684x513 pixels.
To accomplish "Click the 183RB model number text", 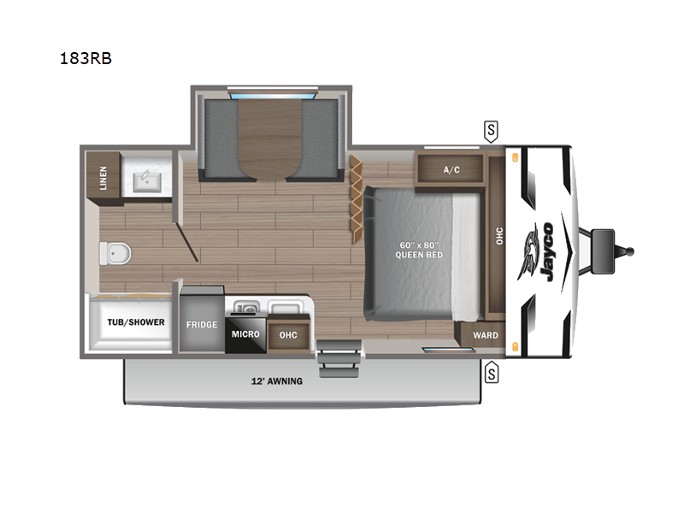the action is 85,58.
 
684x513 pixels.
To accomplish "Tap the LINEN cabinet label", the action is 103,178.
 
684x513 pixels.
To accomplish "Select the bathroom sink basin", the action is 147,181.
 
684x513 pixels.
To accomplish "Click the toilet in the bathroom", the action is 115,253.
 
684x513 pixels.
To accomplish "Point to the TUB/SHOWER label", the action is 136,322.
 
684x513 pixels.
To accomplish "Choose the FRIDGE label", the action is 202,325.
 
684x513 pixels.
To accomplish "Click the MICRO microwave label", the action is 245,334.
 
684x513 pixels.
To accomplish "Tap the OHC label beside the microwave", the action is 288,335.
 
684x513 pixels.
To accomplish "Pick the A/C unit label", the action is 451,169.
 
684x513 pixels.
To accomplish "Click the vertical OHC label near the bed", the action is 499,236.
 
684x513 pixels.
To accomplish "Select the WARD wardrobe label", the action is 486,335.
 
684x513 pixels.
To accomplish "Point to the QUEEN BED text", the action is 419,255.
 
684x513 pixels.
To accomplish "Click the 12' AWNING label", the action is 277,381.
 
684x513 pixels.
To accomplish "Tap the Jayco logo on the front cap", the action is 538,252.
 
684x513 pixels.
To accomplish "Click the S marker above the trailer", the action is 491,131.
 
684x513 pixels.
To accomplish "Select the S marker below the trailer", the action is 491,373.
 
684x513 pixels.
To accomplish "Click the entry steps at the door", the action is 339,359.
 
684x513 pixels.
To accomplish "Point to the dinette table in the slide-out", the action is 270,139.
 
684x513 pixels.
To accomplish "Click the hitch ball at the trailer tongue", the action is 630,251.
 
